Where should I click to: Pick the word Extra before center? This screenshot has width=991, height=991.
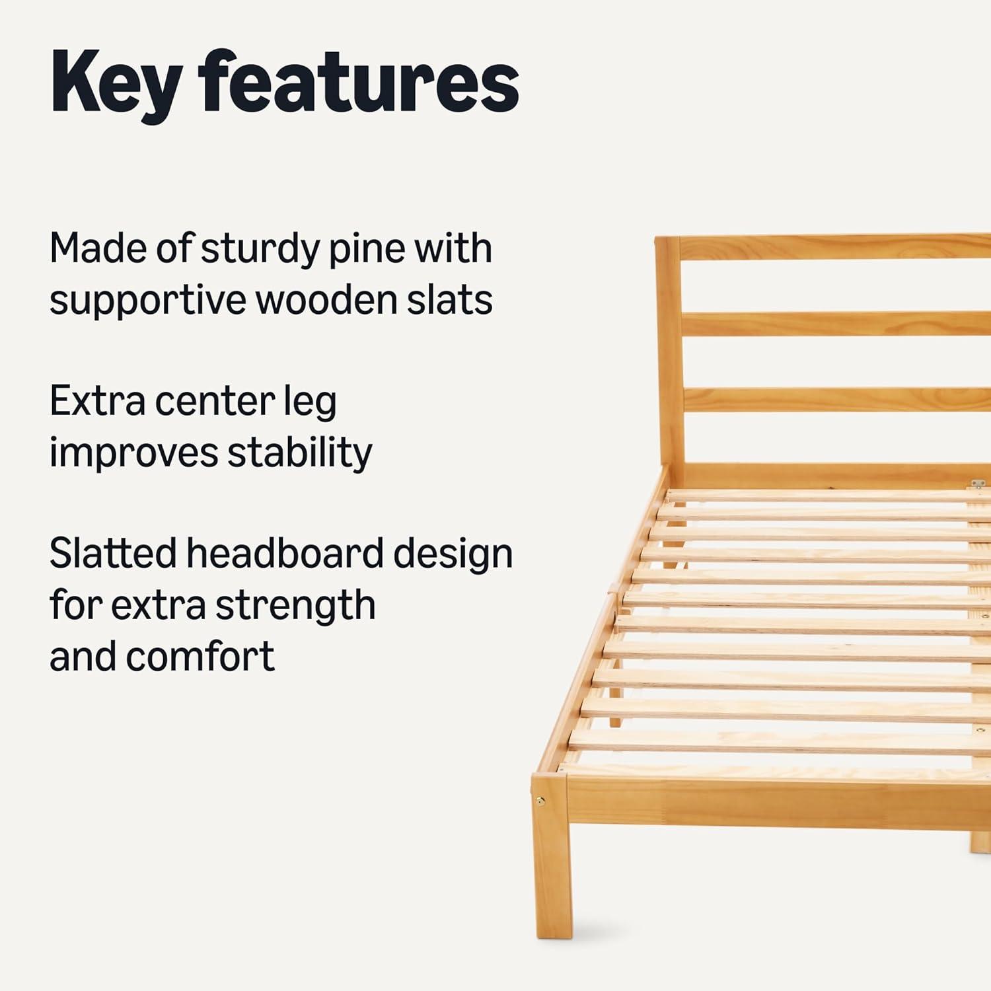[x=97, y=401]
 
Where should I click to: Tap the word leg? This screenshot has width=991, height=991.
[x=310, y=404]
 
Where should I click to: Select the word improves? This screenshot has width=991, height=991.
[x=134, y=455]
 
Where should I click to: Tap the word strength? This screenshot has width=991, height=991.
[x=295, y=607]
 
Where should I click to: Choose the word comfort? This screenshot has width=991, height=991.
[x=200, y=657]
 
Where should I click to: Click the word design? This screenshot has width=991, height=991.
[x=453, y=556]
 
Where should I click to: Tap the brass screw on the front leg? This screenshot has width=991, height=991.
[x=542, y=801]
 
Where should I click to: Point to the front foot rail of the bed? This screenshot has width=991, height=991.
[x=780, y=803]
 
